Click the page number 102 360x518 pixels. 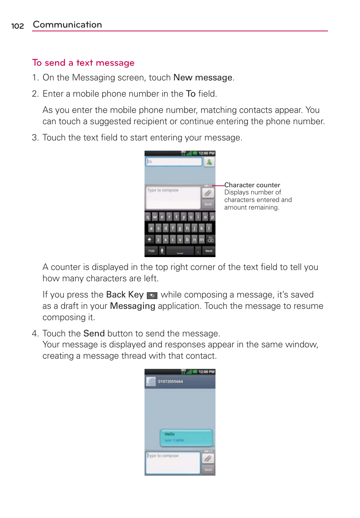point(17,26)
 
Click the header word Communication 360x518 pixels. point(67,25)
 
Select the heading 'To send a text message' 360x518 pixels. point(83,63)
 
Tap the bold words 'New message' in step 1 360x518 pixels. point(203,77)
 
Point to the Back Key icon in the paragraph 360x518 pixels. point(152,295)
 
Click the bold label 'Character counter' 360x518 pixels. point(252,185)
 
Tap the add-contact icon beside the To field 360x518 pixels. point(209,162)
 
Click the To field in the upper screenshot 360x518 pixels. point(174,162)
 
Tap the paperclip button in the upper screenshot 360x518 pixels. point(208,193)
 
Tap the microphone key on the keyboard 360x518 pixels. point(162,251)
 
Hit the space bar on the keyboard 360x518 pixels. point(180,251)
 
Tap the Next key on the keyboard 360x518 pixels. point(209,251)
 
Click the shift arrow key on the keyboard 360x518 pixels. point(149,239)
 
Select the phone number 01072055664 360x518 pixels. point(170,381)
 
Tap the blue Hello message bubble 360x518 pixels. point(186,437)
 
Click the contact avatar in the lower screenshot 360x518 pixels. point(151,381)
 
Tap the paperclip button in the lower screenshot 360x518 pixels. point(208,458)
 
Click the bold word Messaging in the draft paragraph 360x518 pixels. point(132,306)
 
